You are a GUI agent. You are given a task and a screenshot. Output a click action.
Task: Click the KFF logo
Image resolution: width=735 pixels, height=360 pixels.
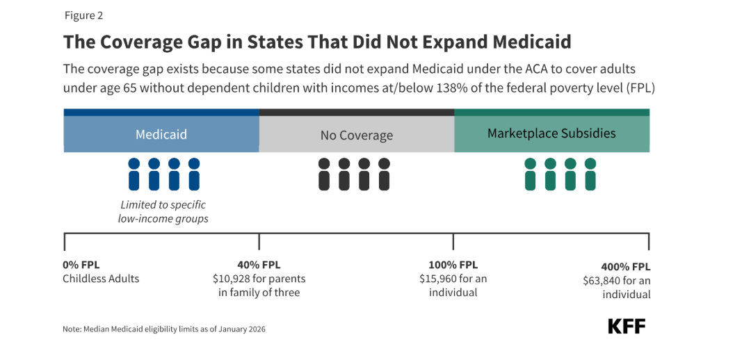627,326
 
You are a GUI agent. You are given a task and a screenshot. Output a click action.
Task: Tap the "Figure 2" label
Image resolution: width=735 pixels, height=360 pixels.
83,15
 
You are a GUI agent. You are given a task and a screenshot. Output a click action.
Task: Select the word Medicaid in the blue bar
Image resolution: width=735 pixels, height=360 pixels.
161,135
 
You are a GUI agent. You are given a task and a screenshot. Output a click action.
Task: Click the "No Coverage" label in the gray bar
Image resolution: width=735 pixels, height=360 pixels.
357,136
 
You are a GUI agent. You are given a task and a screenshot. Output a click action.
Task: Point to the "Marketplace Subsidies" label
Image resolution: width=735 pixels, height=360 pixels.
551,133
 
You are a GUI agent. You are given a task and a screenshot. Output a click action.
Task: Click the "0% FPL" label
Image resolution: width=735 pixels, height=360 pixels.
81,265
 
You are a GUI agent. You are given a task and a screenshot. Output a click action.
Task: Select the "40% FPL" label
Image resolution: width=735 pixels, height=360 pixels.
259,265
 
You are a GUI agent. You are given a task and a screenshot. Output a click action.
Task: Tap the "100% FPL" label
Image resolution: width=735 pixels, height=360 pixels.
453,265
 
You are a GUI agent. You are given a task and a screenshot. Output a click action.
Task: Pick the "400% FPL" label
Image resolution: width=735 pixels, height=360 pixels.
627,267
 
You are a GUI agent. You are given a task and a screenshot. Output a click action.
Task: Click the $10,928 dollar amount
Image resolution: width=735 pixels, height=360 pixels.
232,279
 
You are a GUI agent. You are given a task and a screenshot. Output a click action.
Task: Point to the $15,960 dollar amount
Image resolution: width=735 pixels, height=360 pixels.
439,279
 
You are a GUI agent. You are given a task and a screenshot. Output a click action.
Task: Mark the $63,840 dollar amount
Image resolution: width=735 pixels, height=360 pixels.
602,281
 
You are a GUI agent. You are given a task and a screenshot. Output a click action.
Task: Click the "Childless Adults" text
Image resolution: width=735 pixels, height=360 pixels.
102,279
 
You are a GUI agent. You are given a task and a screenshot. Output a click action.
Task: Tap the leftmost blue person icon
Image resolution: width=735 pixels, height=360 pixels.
134,174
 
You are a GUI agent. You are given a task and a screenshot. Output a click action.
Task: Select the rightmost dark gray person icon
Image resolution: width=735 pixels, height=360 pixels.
385,174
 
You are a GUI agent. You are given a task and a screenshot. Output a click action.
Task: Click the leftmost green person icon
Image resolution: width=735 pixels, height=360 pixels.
530,174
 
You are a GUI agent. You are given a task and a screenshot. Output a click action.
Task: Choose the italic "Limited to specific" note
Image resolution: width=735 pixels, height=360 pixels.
163,205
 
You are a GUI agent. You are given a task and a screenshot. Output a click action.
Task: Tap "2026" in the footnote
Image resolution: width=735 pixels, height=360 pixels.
257,329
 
